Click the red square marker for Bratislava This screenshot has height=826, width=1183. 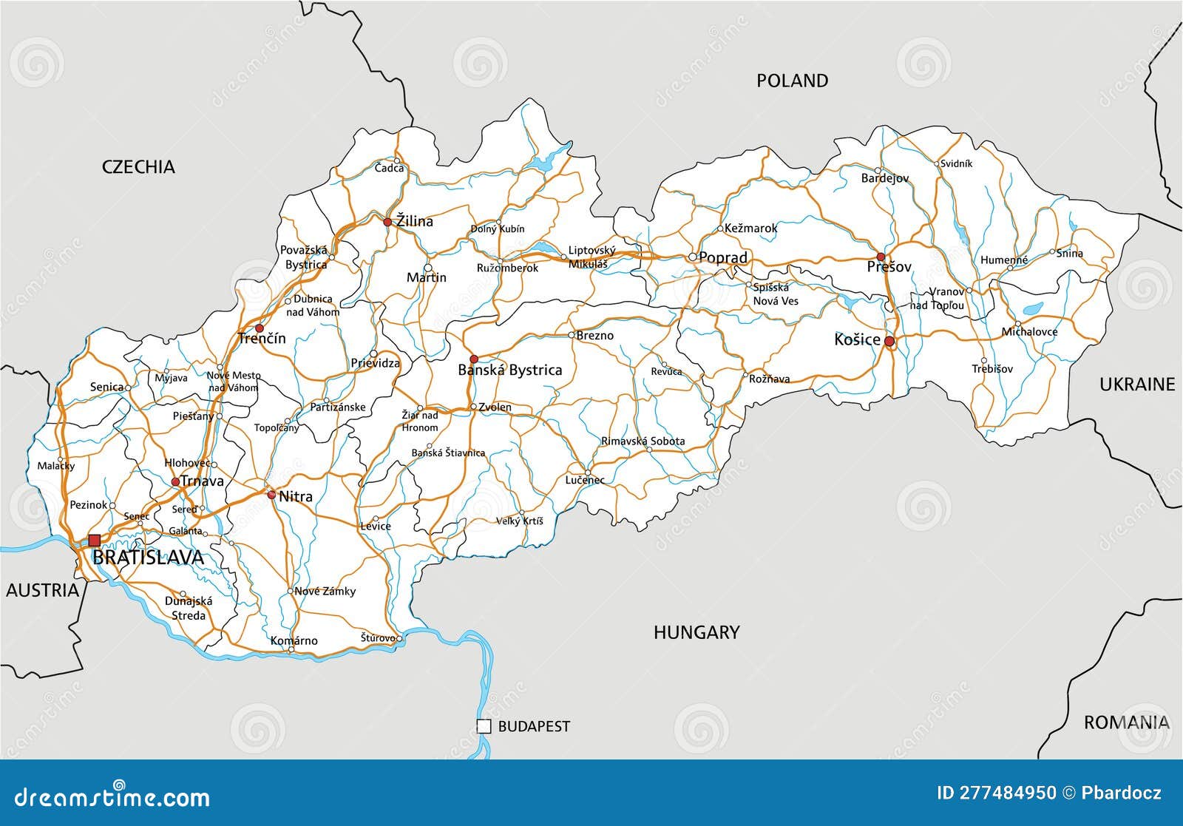click(x=95, y=541)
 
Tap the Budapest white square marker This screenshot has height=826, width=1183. click(x=484, y=726)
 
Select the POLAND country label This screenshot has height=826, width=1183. click(x=792, y=81)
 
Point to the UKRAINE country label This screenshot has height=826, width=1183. click(x=1136, y=384)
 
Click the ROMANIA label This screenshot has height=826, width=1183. click(x=1126, y=722)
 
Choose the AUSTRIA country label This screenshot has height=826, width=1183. click(x=42, y=589)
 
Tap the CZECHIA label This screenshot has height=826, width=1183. click(x=138, y=167)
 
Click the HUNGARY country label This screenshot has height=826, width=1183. click(x=696, y=632)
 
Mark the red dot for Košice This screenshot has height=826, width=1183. click(x=889, y=342)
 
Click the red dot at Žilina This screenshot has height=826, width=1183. click(x=387, y=221)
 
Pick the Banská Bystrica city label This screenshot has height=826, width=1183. click(x=510, y=370)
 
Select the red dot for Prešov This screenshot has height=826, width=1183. click(x=881, y=257)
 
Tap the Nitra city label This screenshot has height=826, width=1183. click(x=295, y=496)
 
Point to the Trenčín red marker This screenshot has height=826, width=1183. click(x=259, y=328)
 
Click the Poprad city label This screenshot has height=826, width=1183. click(x=722, y=257)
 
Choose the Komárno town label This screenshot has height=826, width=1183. click(x=294, y=640)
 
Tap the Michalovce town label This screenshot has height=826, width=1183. click(x=1029, y=332)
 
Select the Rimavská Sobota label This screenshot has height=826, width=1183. click(x=643, y=441)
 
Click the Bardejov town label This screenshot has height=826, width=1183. click(x=885, y=178)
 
